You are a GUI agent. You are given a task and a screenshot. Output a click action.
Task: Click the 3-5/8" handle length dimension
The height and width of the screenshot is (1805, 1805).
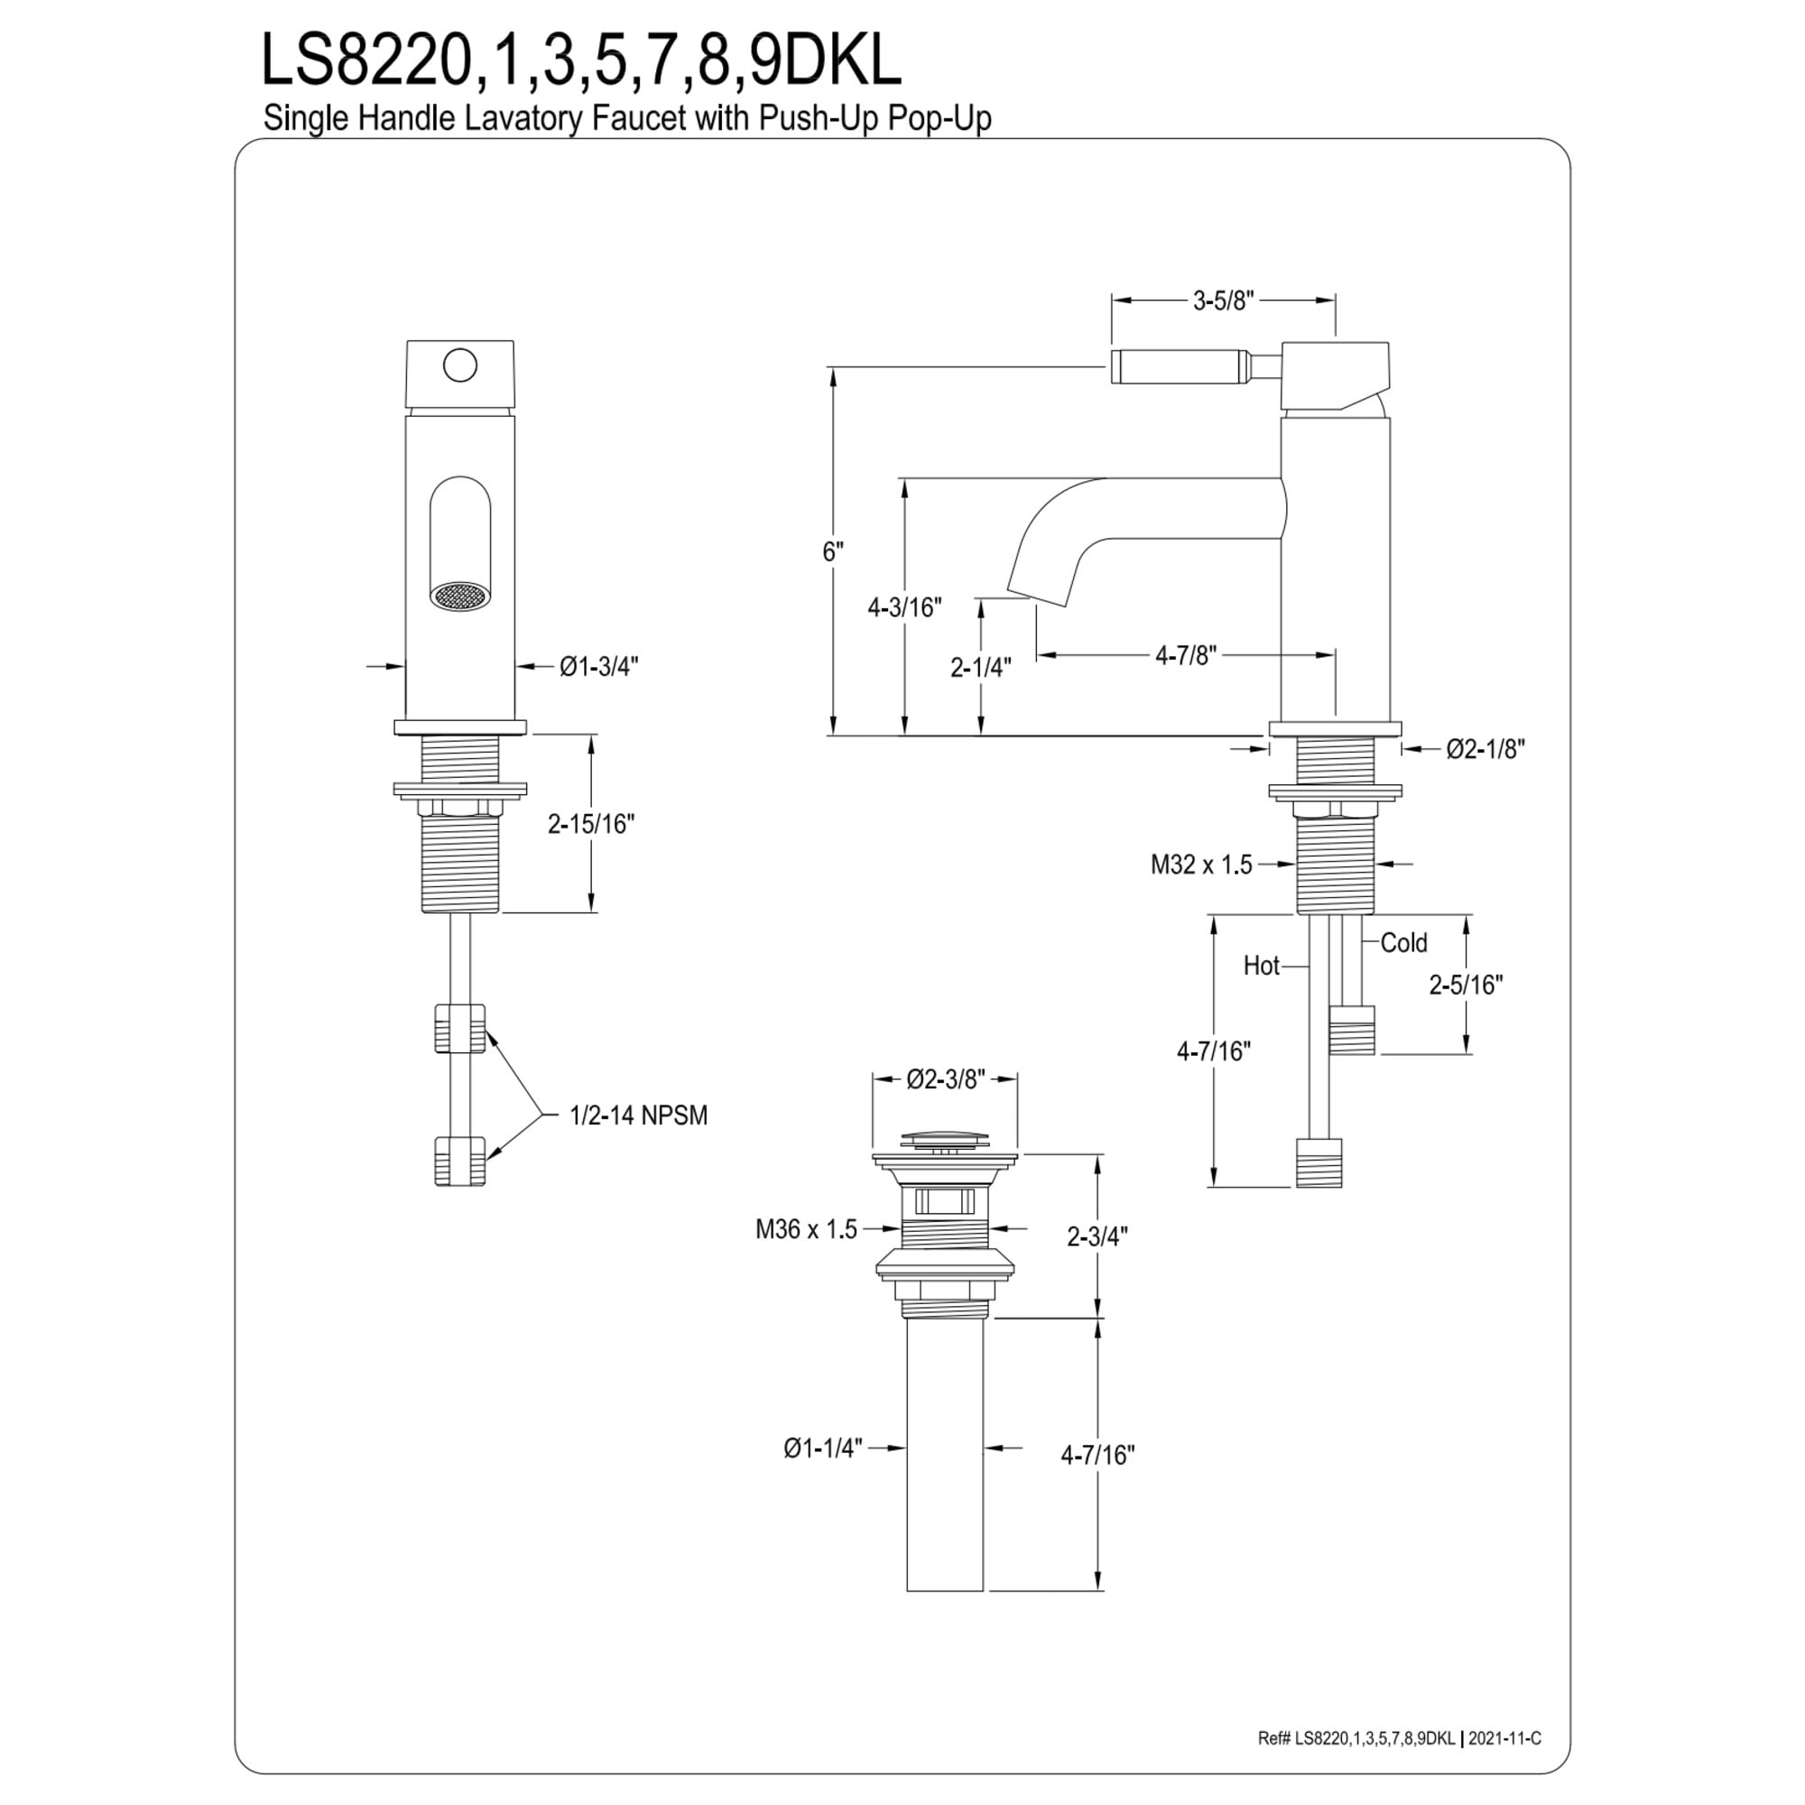1223,300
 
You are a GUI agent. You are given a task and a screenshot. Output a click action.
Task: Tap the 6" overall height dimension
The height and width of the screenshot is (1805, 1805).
832,552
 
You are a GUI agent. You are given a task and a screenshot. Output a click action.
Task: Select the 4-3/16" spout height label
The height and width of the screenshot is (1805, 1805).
904,607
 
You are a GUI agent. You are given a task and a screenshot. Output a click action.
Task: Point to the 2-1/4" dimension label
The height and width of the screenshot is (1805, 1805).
981,667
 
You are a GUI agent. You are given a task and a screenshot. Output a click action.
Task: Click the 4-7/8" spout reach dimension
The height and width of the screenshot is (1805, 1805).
1187,655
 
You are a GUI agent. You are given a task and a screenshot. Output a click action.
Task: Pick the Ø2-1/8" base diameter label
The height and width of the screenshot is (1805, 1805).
1486,748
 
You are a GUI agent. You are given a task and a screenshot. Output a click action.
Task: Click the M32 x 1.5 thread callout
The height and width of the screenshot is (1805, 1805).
1201,865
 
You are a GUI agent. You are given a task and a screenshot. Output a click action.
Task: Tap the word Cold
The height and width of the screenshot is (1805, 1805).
1404,943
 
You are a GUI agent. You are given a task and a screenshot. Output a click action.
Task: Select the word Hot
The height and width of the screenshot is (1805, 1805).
1262,965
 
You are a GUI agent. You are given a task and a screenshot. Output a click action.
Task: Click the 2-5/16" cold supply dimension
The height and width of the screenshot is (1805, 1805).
1466,985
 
